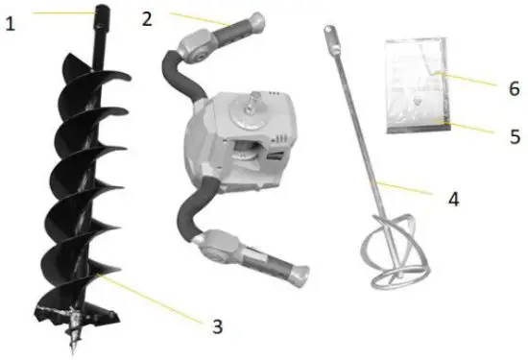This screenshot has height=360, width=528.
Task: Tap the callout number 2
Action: pyautogui.click(x=146, y=17)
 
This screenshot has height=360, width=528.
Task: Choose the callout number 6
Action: pyautogui.click(x=514, y=89)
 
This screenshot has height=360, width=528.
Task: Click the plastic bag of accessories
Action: pyautogui.click(x=416, y=85)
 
